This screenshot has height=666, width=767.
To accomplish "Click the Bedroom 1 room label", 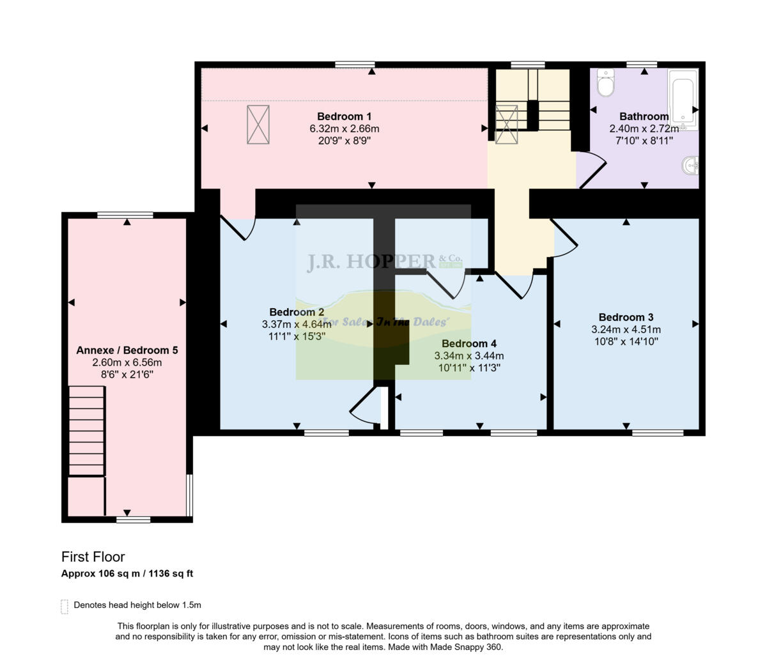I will pyautogui.click(x=344, y=116).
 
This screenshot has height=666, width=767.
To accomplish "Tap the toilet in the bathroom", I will pyautogui.click(x=605, y=82).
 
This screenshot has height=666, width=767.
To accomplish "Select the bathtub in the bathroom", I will pyautogui.click(x=683, y=100).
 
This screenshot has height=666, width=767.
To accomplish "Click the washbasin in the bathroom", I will pyautogui.click(x=690, y=166).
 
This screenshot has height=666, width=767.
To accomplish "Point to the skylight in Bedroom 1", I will pyautogui.click(x=258, y=125).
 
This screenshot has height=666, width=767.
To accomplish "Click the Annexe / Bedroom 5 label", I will pyautogui.click(x=127, y=350).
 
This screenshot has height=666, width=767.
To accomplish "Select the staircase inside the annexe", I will pyautogui.click(x=86, y=431).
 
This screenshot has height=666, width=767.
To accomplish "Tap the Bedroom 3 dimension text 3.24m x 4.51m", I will pyautogui.click(x=626, y=330).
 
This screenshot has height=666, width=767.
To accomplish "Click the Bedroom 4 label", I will pyautogui.click(x=469, y=344).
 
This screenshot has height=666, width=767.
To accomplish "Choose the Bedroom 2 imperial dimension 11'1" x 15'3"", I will pyautogui.click(x=297, y=336).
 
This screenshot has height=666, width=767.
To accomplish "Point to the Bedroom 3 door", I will pyautogui.click(x=565, y=240).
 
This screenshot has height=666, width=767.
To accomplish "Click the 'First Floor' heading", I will pyautogui.click(x=93, y=557).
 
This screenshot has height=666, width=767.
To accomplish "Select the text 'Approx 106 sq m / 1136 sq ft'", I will pyautogui.click(x=127, y=573).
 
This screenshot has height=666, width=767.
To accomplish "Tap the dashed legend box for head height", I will pyautogui.click(x=64, y=606).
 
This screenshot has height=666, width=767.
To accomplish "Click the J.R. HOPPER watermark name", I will pyautogui.click(x=371, y=262).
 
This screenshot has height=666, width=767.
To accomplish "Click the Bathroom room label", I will pyautogui.click(x=644, y=116).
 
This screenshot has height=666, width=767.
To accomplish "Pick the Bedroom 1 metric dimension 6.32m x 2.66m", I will pyautogui.click(x=344, y=128).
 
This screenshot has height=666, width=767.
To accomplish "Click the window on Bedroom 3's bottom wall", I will pyautogui.click(x=658, y=433).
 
